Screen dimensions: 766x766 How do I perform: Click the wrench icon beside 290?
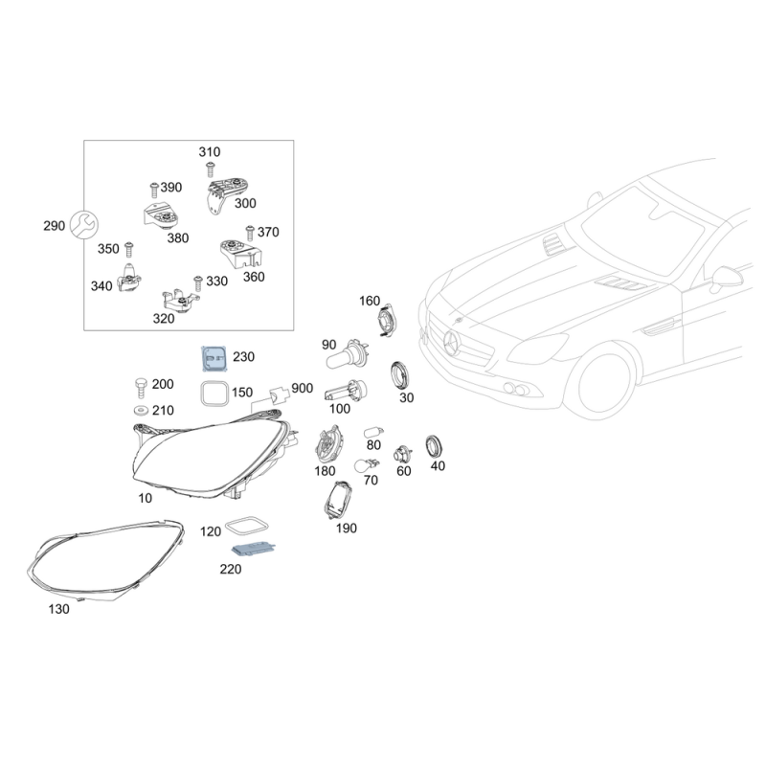[84, 225]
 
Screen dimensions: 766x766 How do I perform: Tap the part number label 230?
[243, 357]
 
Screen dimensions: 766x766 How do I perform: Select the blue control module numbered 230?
[214, 359]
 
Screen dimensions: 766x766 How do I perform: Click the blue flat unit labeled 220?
[254, 550]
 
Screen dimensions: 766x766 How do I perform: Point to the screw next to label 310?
[210, 169]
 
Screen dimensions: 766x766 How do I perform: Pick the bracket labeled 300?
[227, 195]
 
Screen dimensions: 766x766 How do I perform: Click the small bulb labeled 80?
[373, 433]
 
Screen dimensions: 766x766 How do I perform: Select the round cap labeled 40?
[434, 446]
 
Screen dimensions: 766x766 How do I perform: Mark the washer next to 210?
[141, 409]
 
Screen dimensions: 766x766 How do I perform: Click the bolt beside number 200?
[141, 388]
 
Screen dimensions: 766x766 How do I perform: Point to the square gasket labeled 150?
[214, 394]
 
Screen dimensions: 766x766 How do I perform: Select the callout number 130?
[58, 609]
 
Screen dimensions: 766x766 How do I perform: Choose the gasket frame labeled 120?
[247, 527]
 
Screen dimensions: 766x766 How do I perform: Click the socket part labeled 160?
[389, 320]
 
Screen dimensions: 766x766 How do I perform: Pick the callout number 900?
[302, 388]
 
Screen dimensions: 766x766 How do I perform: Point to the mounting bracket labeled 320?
[180, 301]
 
